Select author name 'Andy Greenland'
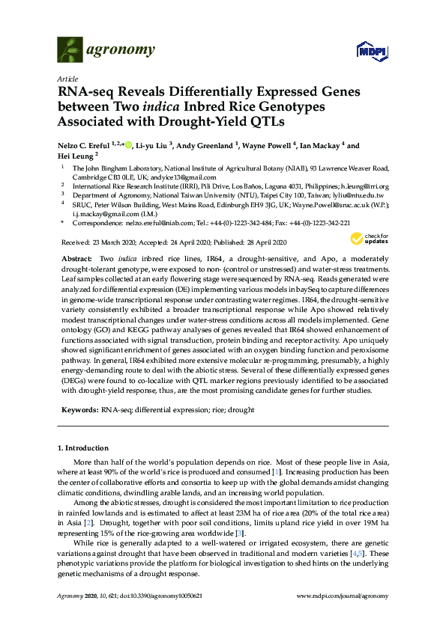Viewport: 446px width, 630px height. pyautogui.click(x=205, y=146)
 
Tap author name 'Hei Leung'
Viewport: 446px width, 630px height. pyautogui.click(x=76, y=156)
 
